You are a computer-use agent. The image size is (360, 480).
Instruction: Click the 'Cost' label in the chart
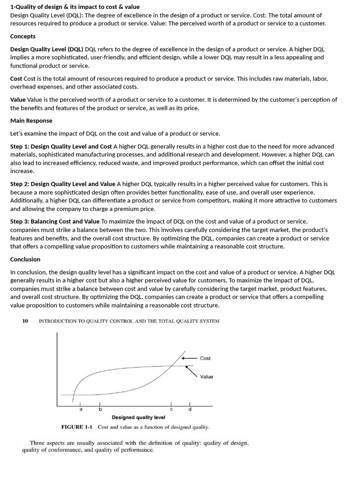(x=205, y=358)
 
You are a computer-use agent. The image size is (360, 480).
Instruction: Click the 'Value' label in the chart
(x=206, y=376)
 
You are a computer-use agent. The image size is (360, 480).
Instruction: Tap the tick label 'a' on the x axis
(x=81, y=410)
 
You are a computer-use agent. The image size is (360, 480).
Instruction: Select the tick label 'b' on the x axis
(x=100, y=410)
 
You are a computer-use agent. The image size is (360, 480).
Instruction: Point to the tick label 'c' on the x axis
(x=171, y=410)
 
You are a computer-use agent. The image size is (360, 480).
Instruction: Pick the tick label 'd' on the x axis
(x=189, y=410)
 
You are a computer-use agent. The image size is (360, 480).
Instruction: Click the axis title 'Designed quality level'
(x=138, y=417)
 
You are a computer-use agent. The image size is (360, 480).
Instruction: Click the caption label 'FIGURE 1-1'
(x=77, y=427)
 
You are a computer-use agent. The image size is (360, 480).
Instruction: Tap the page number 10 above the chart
(x=25, y=321)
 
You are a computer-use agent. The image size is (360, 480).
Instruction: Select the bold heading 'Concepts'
(x=23, y=36)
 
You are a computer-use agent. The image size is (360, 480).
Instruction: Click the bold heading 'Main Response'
(x=31, y=120)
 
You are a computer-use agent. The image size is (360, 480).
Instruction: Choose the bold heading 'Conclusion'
(x=25, y=259)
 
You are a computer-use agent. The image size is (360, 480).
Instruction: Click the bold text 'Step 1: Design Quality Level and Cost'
(x=61, y=146)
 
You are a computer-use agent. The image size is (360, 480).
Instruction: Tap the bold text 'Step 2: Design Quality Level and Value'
(x=62, y=184)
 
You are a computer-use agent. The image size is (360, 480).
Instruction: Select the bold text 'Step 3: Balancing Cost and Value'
(x=55, y=221)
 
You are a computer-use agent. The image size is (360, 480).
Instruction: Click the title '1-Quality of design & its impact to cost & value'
(x=75, y=7)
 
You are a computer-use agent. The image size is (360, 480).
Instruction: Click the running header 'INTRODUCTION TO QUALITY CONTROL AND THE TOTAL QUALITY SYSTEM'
(x=129, y=321)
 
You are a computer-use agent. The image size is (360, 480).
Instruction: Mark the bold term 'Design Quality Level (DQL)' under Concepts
(x=47, y=49)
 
